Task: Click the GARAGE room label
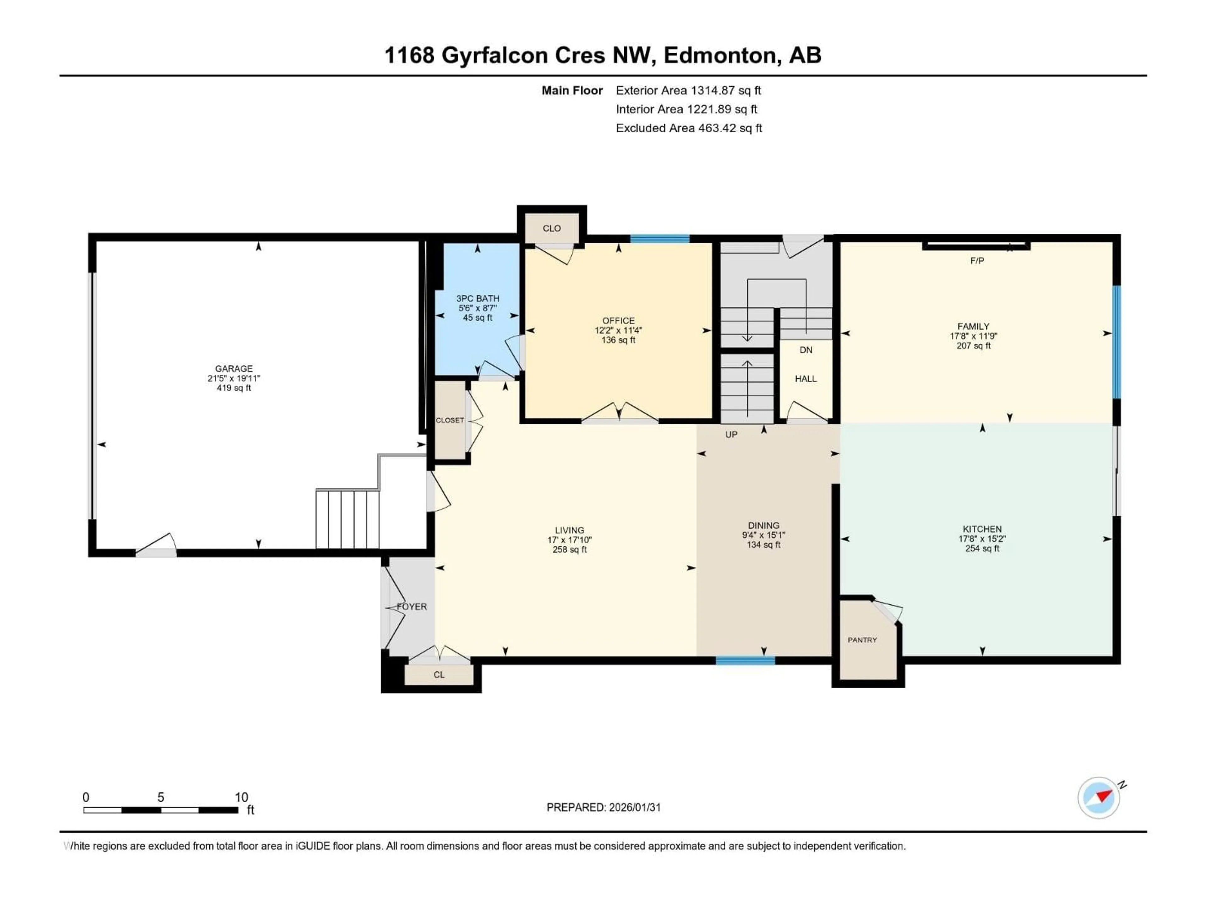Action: coord(234,369)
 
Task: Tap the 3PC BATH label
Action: coord(477,299)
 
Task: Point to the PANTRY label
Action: coord(862,640)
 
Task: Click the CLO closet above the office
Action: coord(552,228)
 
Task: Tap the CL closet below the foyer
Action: coord(439,675)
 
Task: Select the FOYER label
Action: coord(412,606)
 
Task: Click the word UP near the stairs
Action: coord(731,435)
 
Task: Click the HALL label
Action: coord(806,379)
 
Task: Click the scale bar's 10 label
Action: coord(241,797)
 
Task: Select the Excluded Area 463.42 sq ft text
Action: coord(689,128)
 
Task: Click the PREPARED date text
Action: coord(603,807)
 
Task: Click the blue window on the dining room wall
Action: coord(745,661)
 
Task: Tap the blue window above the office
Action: coord(660,239)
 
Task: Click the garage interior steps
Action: coord(347,519)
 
